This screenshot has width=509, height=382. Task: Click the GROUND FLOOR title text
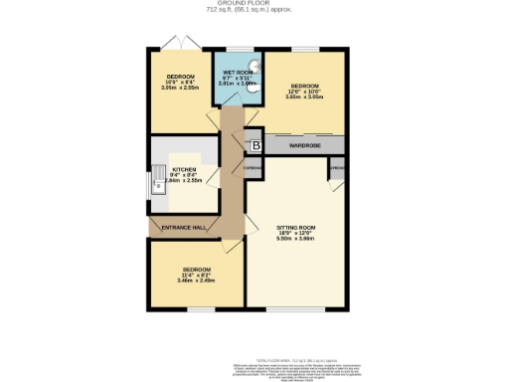pyautogui.click(x=254, y=4)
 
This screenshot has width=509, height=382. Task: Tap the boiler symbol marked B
pyautogui.click(x=254, y=146)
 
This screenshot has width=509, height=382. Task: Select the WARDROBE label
pyautogui.click(x=303, y=146)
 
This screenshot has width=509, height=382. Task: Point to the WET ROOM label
pyautogui.click(x=239, y=73)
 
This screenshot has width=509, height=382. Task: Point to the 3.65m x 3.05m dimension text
pyautogui.click(x=305, y=97)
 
